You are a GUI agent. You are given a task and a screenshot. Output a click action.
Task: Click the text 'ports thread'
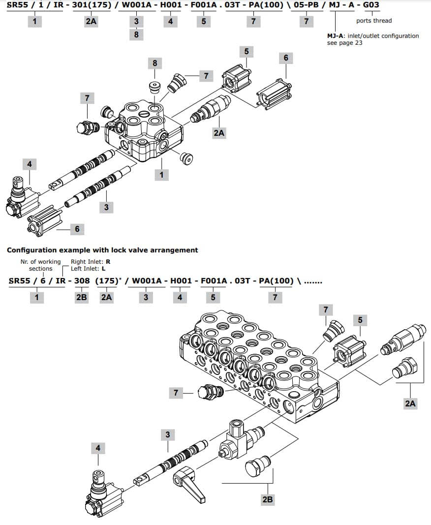pos(374,21)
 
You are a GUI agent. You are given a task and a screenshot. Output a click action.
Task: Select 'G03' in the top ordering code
pos(370,5)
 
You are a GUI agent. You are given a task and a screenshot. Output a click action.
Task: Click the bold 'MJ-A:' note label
pos(337,36)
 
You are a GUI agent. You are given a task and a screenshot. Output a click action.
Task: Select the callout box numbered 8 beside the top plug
pos(155,63)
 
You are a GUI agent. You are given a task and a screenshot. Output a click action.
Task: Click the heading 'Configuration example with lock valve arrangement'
pos(102,250)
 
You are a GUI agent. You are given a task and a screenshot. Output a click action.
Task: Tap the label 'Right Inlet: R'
pos(91,262)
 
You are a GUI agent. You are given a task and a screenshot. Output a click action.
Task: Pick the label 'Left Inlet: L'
pos(88,269)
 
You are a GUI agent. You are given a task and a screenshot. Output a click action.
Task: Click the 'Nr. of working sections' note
pos(41,265)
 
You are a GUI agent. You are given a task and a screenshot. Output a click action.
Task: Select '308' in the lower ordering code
pos(82,281)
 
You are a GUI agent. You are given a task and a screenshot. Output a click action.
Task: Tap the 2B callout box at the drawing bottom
pos(267,499)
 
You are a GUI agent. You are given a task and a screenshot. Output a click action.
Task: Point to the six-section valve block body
pos(256,364)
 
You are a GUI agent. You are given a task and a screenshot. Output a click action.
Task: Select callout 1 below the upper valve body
pos(161,174)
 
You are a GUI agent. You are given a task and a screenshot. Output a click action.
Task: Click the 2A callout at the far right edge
pos(410,403)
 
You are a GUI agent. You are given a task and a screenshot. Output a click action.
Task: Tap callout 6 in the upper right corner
pos(286,58)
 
